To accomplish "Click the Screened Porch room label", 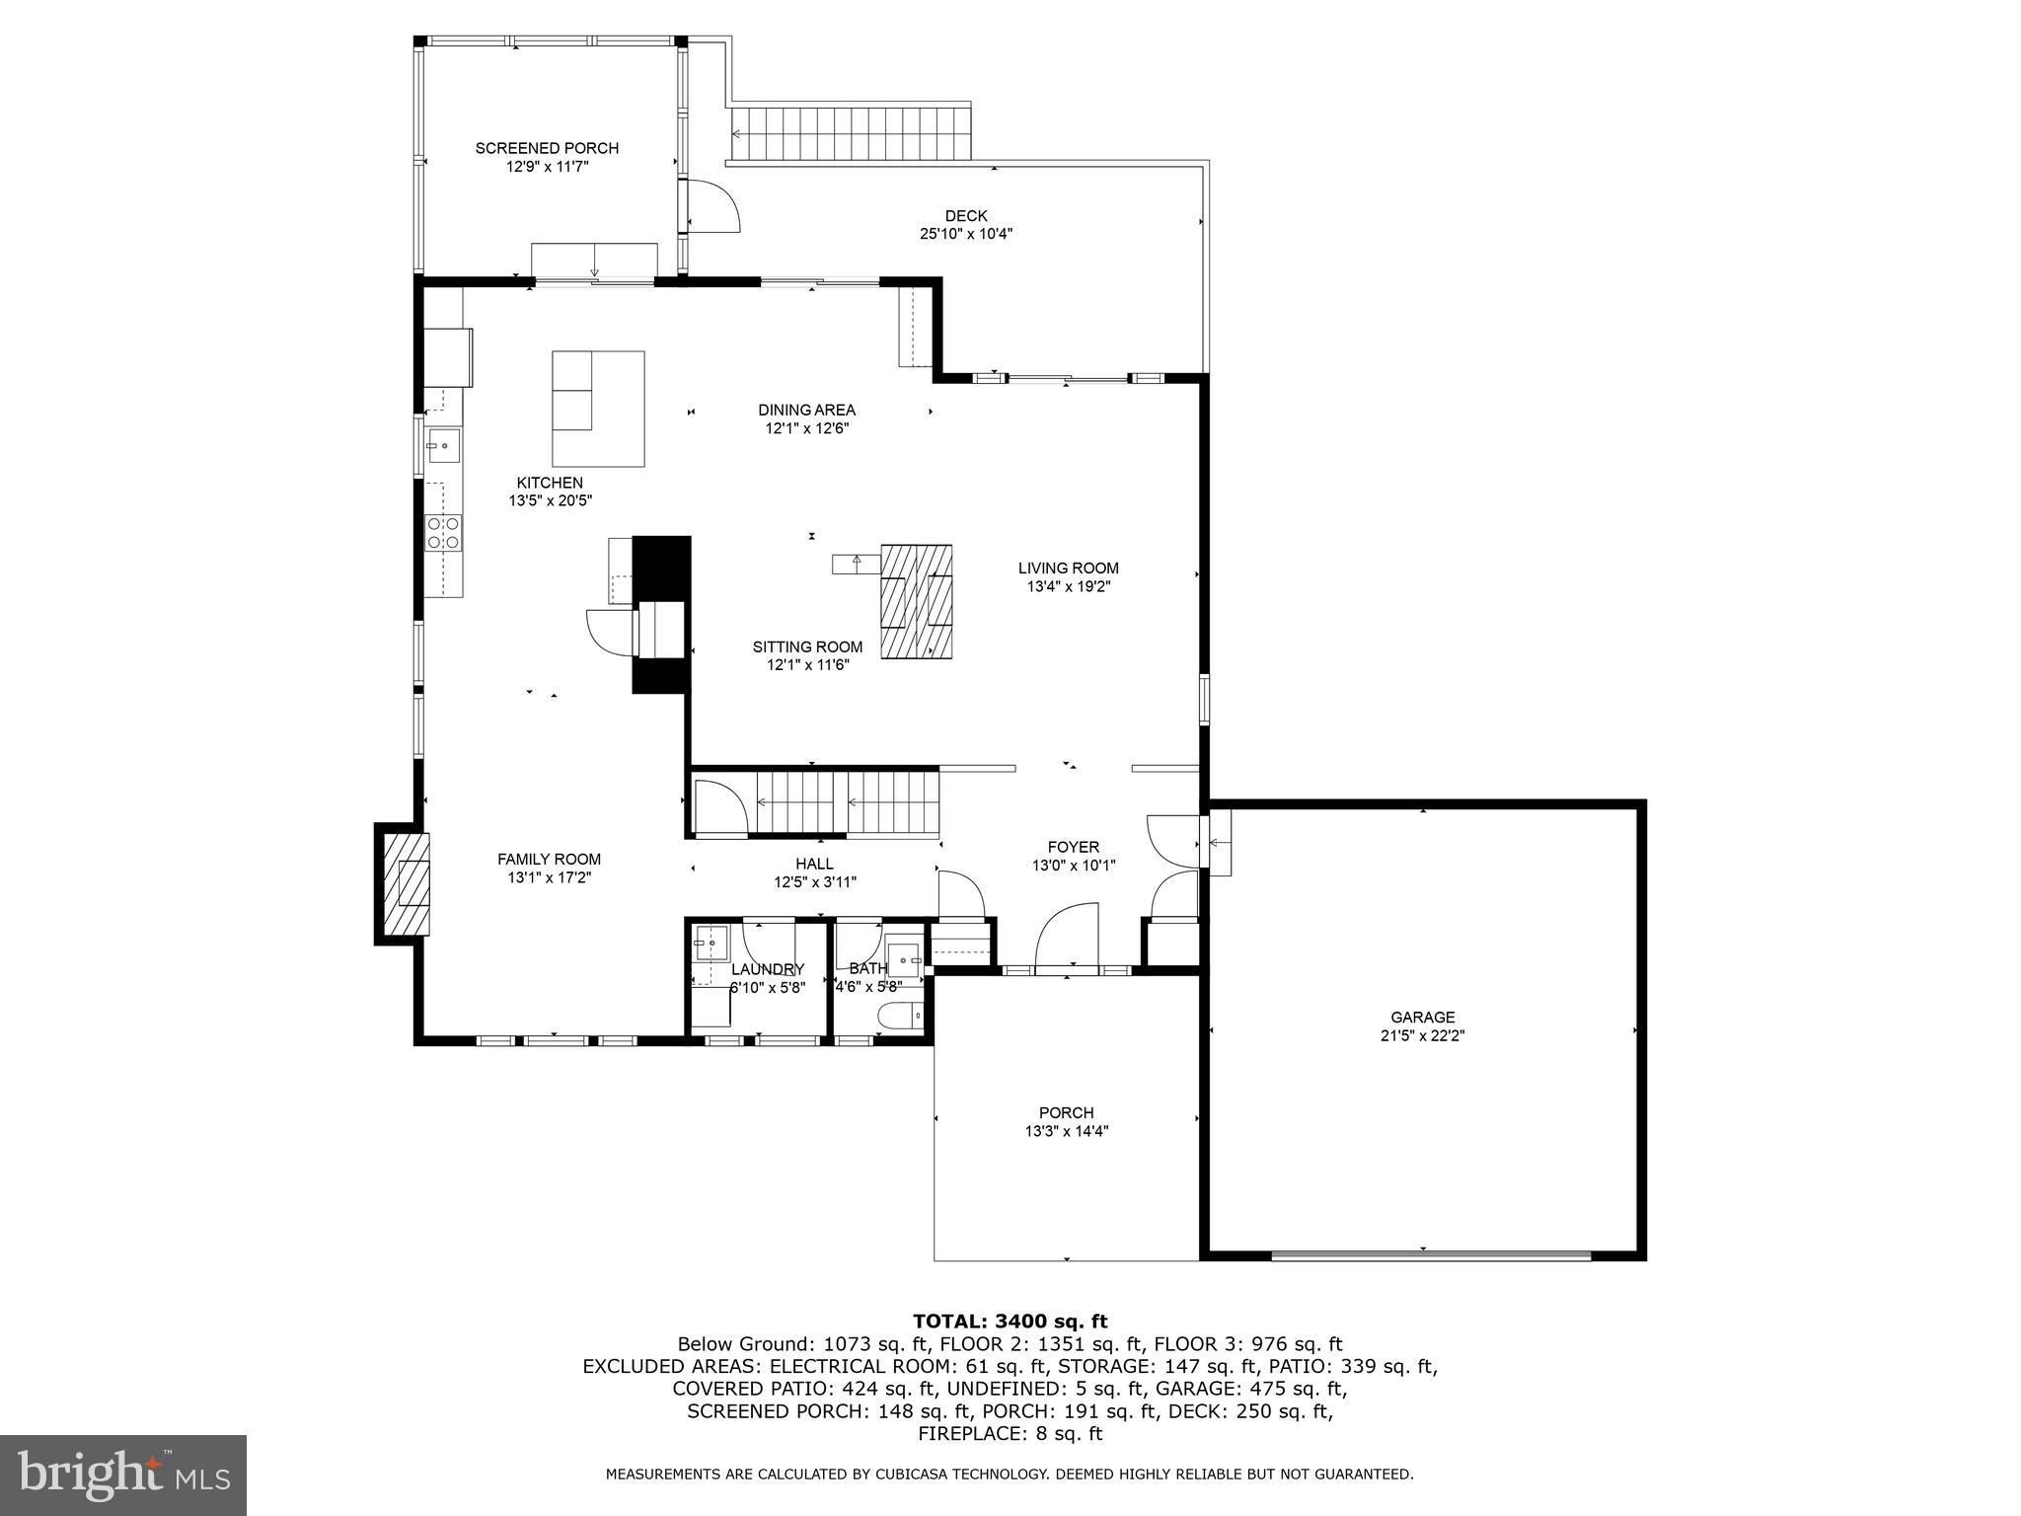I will pyautogui.click(x=547, y=148).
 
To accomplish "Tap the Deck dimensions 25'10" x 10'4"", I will pyautogui.click(x=965, y=234).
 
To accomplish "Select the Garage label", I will pyautogui.click(x=1422, y=1017).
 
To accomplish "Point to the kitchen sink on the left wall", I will pyautogui.click(x=443, y=446).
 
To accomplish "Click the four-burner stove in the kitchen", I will pyautogui.click(x=443, y=533).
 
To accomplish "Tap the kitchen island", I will pyautogui.click(x=598, y=409).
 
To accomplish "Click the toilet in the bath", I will pyautogui.click(x=899, y=1015).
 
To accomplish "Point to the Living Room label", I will pyautogui.click(x=1068, y=568).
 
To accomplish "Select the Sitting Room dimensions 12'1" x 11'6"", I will pyautogui.click(x=807, y=665).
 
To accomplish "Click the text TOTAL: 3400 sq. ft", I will pyautogui.click(x=1010, y=1321).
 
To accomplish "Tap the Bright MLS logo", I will pyautogui.click(x=122, y=1475).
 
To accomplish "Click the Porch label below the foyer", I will pyautogui.click(x=1066, y=1112).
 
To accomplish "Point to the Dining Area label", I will pyautogui.click(x=806, y=410).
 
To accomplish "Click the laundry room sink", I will pyautogui.click(x=710, y=943).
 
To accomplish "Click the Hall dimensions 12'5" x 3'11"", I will pyautogui.click(x=814, y=882).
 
